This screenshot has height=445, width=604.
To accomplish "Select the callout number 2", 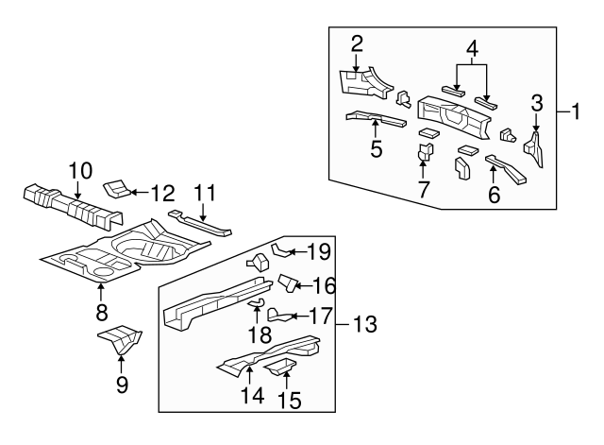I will pyautogui.click(x=357, y=43).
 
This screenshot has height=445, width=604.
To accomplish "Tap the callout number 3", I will pyautogui.click(x=536, y=102).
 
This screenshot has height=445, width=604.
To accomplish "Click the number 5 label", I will pyautogui.click(x=376, y=149).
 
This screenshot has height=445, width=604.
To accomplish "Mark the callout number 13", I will pyautogui.click(x=364, y=325).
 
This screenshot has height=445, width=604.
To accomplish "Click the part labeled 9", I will pyautogui.click(x=120, y=339).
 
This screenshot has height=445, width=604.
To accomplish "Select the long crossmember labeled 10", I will pyautogui.click(x=71, y=206).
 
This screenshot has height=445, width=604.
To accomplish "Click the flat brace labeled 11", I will pyautogui.click(x=200, y=225).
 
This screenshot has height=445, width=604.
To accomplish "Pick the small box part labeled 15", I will pyautogui.click(x=281, y=365).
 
